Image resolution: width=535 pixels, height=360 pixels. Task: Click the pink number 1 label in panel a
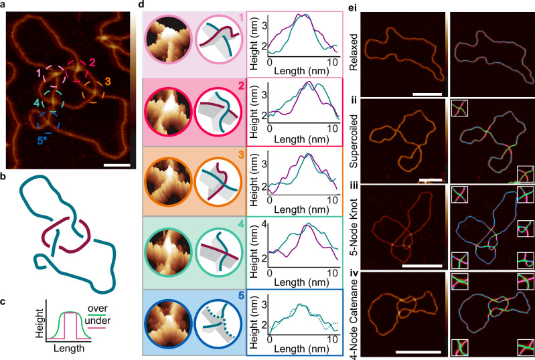pos(39,73)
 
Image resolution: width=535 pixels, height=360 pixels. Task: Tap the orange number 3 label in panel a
pos(108,82)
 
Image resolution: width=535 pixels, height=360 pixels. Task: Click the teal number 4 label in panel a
pos(37,102)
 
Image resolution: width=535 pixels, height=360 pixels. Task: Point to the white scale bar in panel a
pos(117,165)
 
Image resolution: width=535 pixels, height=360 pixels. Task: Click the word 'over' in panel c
pos(97,308)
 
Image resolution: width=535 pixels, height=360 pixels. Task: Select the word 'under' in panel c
pos(98,321)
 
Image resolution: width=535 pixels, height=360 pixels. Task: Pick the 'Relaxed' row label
pos(353,52)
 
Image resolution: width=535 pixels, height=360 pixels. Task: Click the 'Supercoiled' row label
pos(354,141)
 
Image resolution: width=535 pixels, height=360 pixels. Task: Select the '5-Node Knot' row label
pos(354,227)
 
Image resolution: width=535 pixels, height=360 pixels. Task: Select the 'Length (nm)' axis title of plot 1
pos(301,70)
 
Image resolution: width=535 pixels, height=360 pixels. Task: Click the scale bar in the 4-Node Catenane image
pos(418,352)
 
